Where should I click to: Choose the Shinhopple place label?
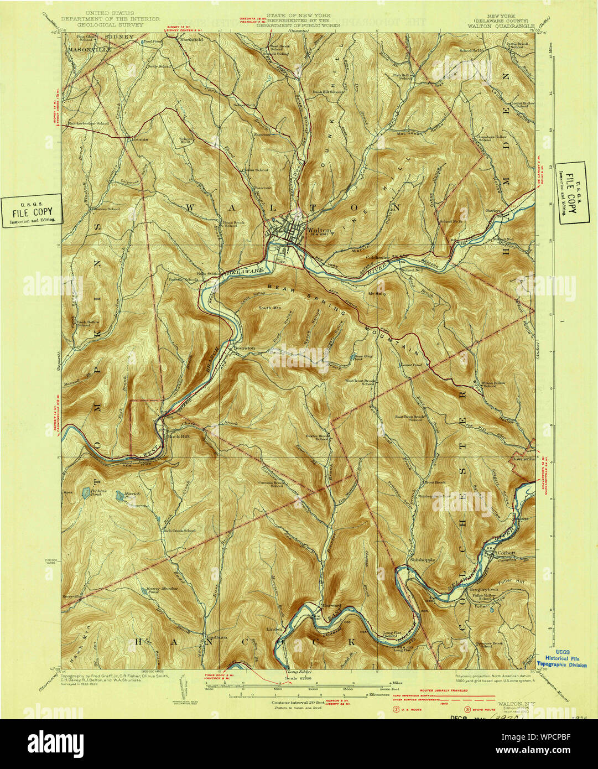(x=423, y=559)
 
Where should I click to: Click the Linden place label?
(x=274, y=629)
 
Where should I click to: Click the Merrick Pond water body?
(x=119, y=497)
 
